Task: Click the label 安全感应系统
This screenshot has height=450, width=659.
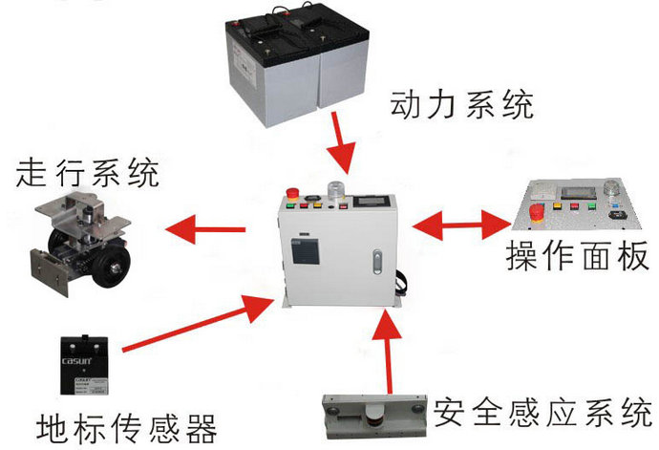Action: pos(541,413)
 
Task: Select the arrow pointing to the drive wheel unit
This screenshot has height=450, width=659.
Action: pos(204,228)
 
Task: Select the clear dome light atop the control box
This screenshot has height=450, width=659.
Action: pos(337,188)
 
